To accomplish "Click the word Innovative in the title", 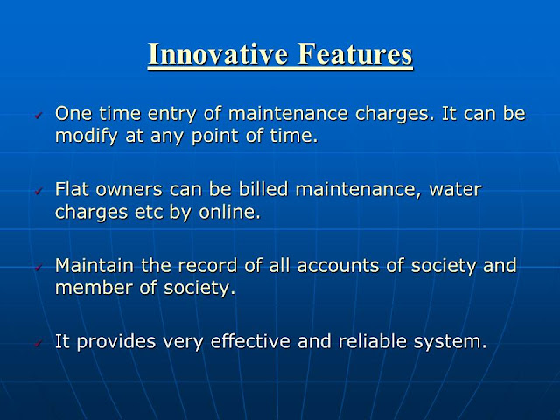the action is coord(218,53).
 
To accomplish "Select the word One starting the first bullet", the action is coord(73,113).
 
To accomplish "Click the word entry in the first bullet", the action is coord(172,115).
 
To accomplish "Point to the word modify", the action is coord(87,136).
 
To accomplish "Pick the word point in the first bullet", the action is coord(215,136).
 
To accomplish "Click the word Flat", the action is coord(72,189).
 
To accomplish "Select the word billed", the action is coord(263,189).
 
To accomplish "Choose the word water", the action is coord(455,190).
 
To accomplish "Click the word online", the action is coord(229,212).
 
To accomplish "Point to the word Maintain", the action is coord(94,265).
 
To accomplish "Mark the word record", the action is coord(207,266).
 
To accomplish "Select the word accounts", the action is coord(338,266).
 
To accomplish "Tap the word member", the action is coord(94,288).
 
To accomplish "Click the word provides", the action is coord(116,342).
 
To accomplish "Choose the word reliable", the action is coord(372,341).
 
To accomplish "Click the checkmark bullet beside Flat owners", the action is coord(38,192).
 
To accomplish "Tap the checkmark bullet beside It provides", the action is coord(38,344).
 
